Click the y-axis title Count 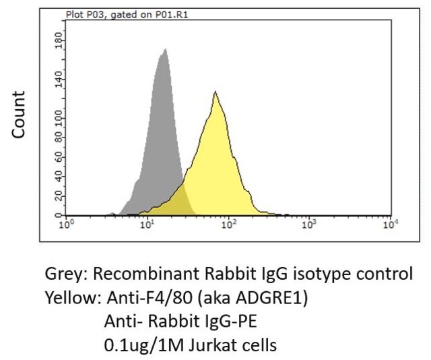point(19,115)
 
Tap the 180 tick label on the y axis point(59,40)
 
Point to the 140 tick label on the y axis point(59,80)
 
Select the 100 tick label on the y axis point(59,119)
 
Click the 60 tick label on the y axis point(59,158)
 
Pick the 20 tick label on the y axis point(59,196)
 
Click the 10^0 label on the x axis point(67,224)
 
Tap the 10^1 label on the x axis point(147,224)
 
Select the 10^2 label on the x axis point(228,224)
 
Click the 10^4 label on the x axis point(391,224)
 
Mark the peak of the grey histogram point(165,49)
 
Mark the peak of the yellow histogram point(215,91)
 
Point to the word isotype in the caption point(321,274)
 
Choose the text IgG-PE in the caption point(230,321)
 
